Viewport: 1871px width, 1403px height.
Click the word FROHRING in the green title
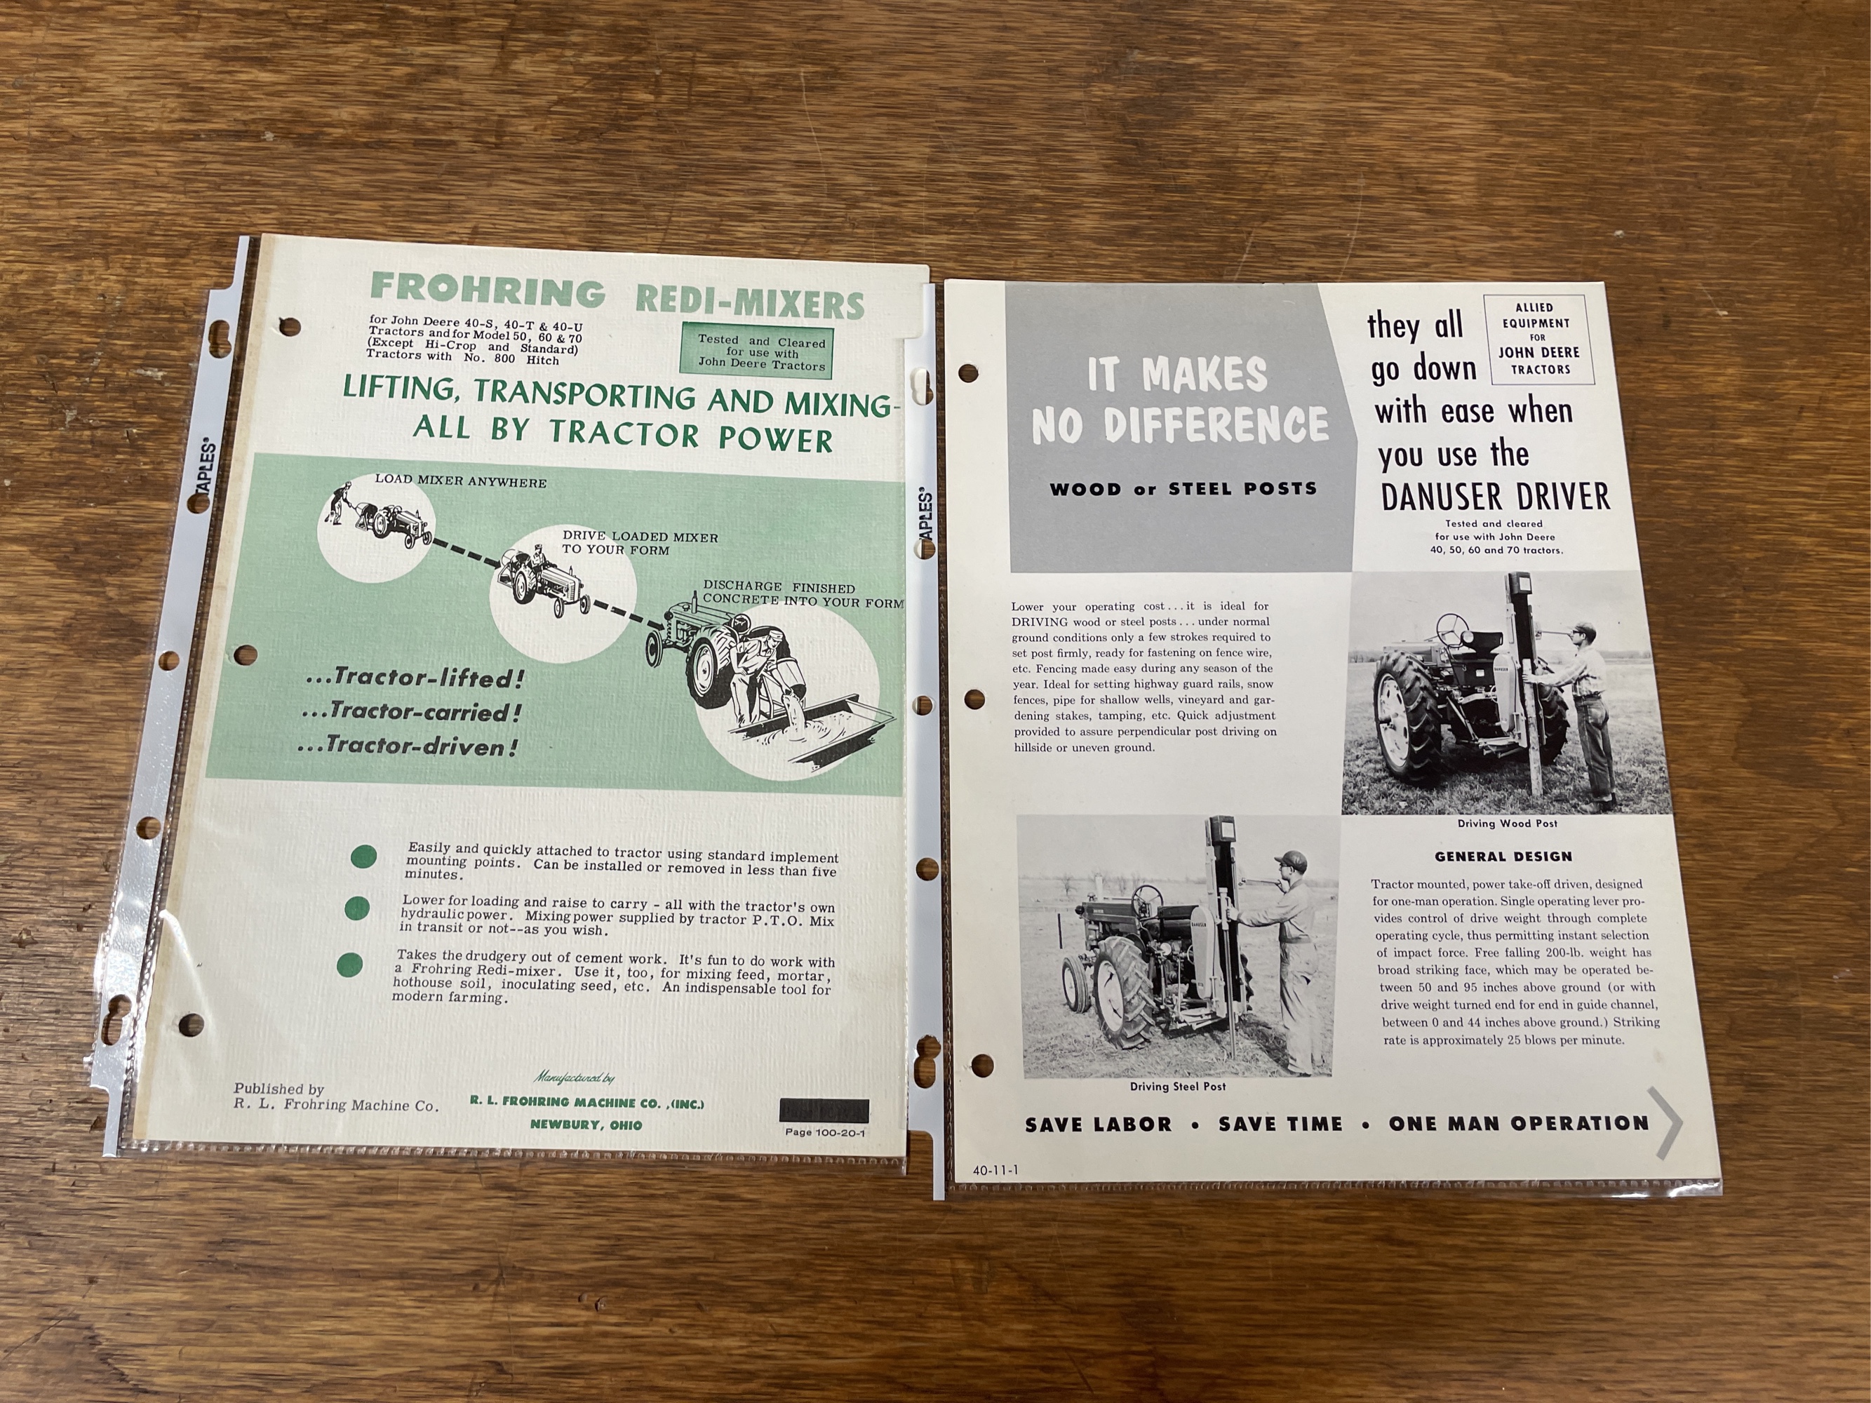(x=488, y=290)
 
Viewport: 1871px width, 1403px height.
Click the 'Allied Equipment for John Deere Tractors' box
(x=1539, y=338)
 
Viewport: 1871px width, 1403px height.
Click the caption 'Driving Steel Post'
(x=1177, y=1087)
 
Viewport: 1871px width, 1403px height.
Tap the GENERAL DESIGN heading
(x=1503, y=857)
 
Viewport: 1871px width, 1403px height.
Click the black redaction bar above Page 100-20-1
(x=824, y=1110)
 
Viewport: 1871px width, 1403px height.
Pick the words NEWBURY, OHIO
(x=586, y=1125)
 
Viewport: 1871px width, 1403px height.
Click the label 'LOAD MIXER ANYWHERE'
(x=461, y=482)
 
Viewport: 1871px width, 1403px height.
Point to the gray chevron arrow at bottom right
(x=1667, y=1122)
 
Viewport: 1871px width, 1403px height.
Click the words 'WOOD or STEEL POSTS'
(x=1183, y=489)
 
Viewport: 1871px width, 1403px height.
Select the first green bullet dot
(x=363, y=857)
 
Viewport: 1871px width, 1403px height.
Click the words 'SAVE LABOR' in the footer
(x=1099, y=1125)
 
